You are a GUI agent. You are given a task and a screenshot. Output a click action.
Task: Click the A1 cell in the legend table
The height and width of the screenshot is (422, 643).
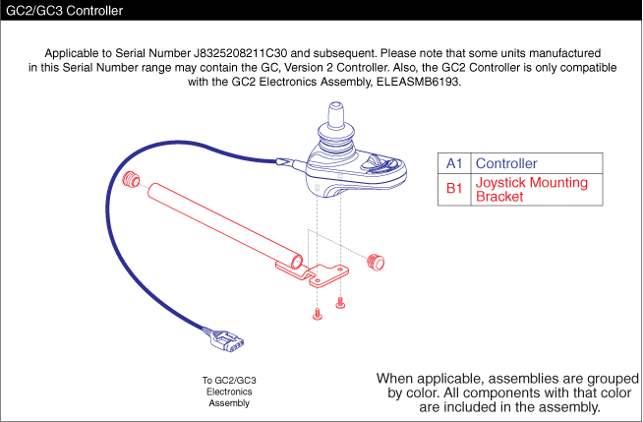pos(453,163)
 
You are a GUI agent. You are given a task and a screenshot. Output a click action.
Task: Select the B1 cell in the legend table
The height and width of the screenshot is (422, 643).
pos(453,189)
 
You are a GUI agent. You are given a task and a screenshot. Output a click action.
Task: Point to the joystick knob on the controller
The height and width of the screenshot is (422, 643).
pos(336,129)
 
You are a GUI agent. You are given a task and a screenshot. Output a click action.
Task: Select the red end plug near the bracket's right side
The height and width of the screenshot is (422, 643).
pos(374,262)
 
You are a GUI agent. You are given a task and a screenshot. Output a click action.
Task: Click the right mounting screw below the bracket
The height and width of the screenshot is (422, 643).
pos(340,300)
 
